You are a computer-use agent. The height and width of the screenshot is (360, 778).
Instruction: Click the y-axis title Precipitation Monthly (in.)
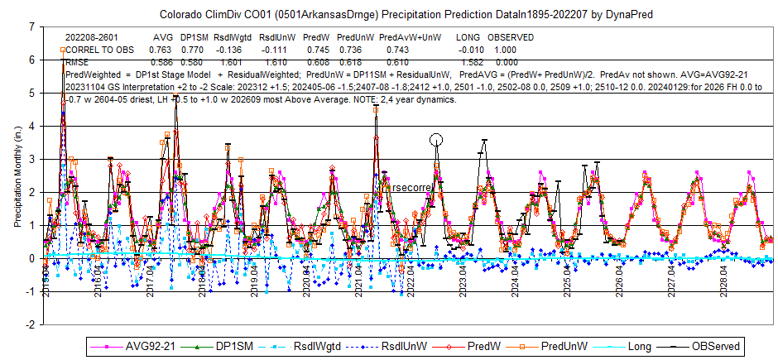pyautogui.click(x=17, y=175)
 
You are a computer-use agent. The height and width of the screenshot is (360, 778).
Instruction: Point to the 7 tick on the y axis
pyautogui.click(x=31, y=27)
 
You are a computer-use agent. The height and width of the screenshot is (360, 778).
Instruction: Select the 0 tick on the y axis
pyautogui.click(x=31, y=259)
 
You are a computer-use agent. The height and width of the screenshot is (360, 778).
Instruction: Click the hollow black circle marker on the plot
pyautogui.click(x=436, y=140)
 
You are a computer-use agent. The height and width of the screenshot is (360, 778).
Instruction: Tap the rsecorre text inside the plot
pyautogui.click(x=411, y=189)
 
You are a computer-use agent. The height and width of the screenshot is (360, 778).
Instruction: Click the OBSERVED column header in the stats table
pyautogui.click(x=511, y=38)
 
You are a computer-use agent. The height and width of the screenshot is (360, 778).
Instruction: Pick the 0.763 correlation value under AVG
pyautogui.click(x=161, y=50)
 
